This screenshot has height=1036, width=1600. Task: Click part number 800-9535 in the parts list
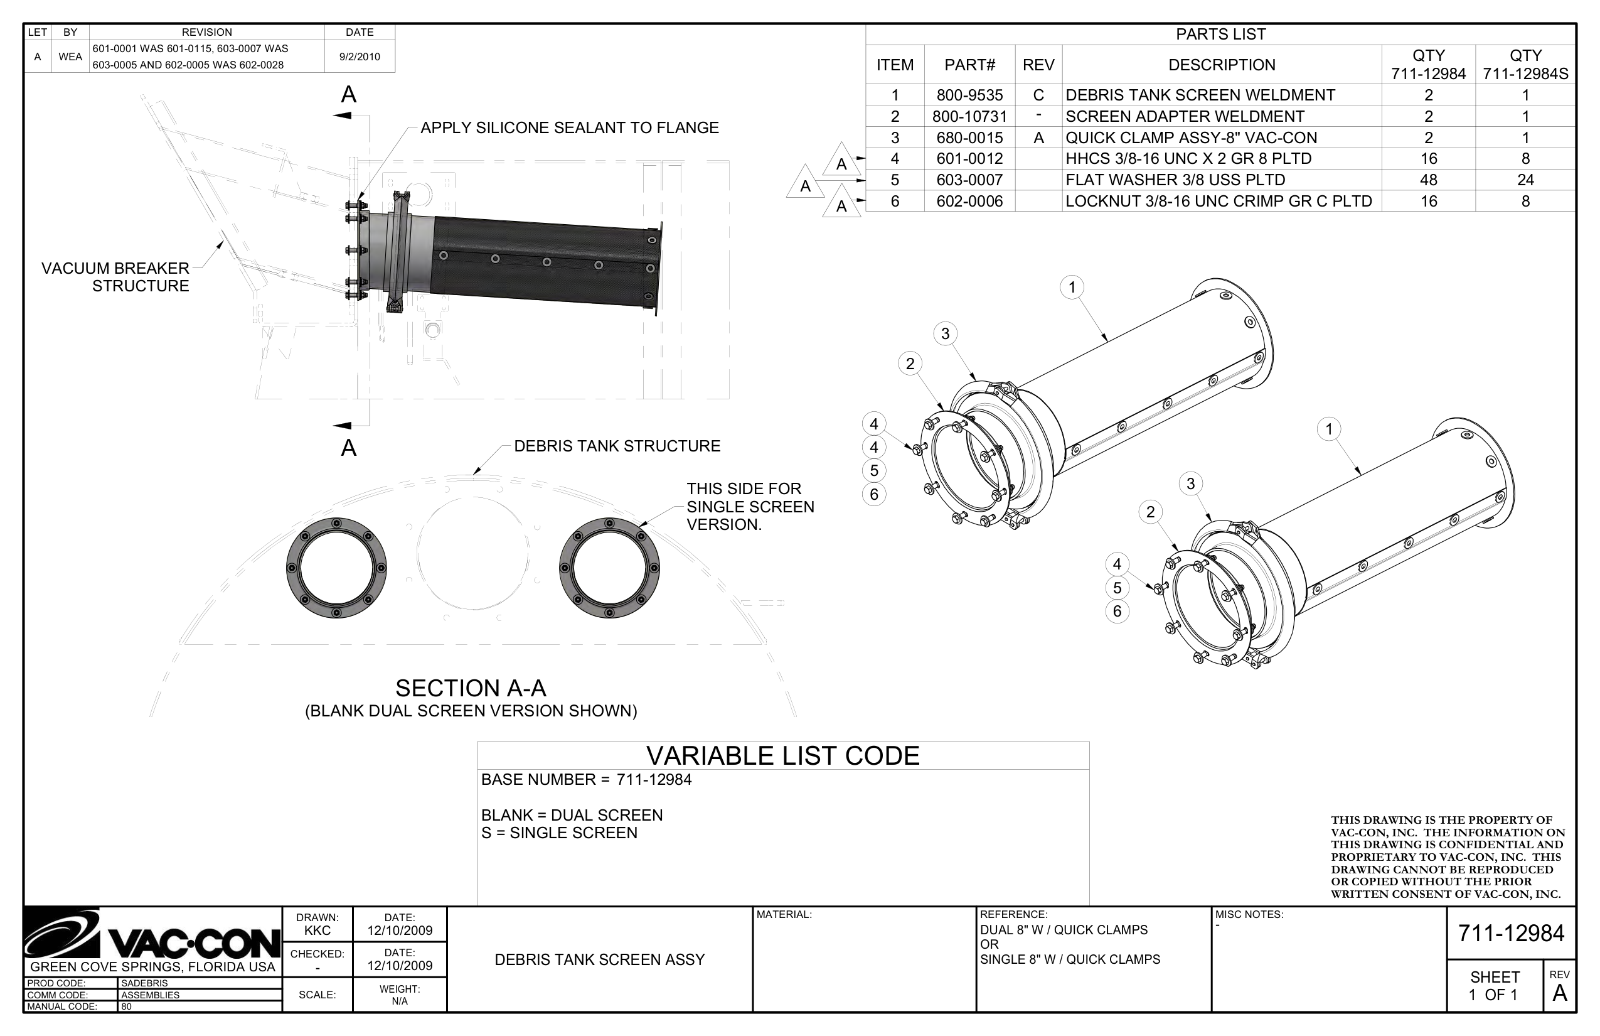pyautogui.click(x=969, y=95)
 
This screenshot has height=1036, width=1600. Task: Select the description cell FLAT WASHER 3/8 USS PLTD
pyautogui.click(x=1175, y=180)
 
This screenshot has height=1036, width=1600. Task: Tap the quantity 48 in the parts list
pyautogui.click(x=1428, y=180)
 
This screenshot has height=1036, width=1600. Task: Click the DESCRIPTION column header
pyautogui.click(x=1221, y=65)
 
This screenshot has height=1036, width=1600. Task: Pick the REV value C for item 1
pyautogui.click(x=1038, y=95)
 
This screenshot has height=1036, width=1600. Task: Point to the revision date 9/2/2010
pyautogui.click(x=359, y=57)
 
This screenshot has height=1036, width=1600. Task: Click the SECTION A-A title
pyautogui.click(x=471, y=688)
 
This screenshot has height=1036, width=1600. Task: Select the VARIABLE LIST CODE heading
pyautogui.click(x=782, y=755)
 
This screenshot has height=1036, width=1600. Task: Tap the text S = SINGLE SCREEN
pyautogui.click(x=558, y=833)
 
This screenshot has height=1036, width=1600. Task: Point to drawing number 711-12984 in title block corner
pyautogui.click(x=1511, y=933)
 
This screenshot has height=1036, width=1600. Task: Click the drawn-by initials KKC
pyautogui.click(x=317, y=931)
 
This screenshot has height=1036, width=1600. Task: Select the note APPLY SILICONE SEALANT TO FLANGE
pyautogui.click(x=570, y=128)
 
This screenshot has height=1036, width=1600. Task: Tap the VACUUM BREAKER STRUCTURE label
pyautogui.click(x=115, y=277)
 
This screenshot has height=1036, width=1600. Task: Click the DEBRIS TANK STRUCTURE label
pyautogui.click(x=616, y=446)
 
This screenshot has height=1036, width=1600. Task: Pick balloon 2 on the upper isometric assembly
pyautogui.click(x=910, y=364)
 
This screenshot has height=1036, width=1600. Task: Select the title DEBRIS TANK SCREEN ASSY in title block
pyautogui.click(x=599, y=959)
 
